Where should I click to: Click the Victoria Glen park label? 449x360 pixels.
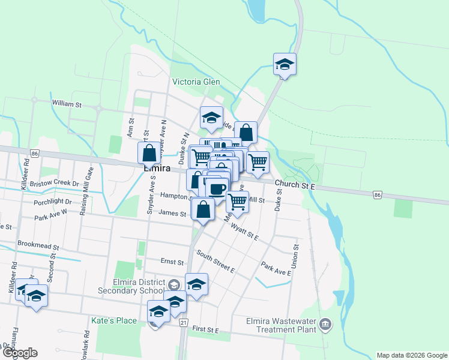pos(196,82)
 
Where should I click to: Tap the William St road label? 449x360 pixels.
pos(67,104)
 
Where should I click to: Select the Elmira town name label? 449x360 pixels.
pos(157,169)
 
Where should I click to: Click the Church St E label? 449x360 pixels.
pos(295,186)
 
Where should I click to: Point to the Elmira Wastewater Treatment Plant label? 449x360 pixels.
pos(281,325)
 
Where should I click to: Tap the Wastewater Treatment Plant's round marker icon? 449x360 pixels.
pos(325,325)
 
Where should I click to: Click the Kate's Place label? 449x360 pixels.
pos(114,320)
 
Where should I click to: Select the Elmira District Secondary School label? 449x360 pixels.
pos(129,287)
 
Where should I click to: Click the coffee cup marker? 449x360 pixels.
pos(217,189)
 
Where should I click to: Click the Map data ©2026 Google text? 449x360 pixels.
pos(412,355)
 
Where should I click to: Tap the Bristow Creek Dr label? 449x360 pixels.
pos(54,183)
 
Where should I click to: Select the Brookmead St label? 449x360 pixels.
pos(38,246)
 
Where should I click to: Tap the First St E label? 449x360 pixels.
pos(206,331)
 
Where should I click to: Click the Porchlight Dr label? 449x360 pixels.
pos(53,202)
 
